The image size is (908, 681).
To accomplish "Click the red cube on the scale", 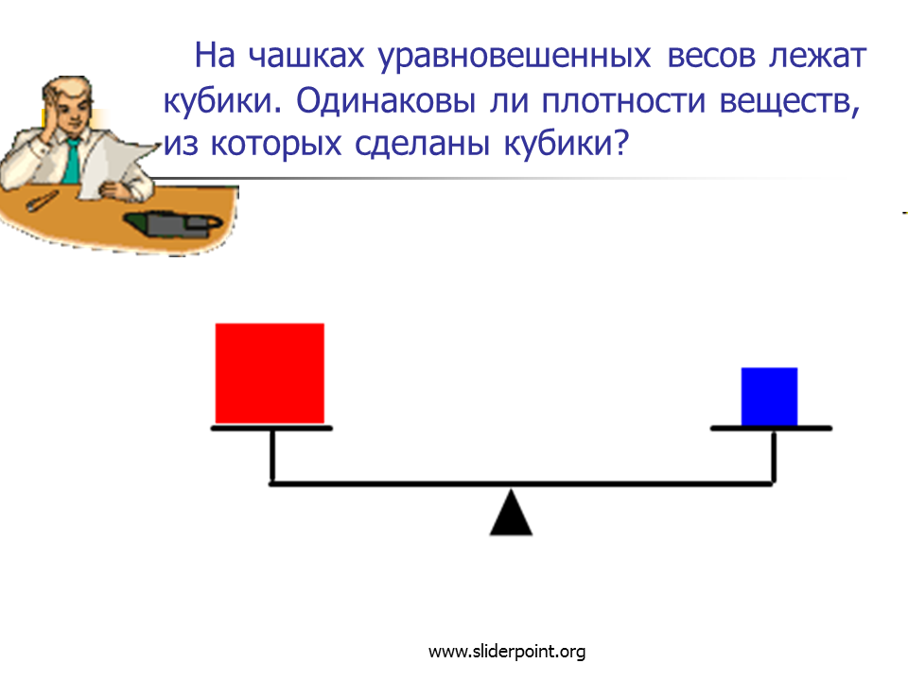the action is pyautogui.click(x=270, y=373).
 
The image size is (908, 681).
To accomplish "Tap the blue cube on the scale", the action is pyautogui.click(x=770, y=396).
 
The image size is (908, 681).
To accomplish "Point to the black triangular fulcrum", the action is pyautogui.click(x=511, y=513).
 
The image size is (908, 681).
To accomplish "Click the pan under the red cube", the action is pyautogui.click(x=271, y=428).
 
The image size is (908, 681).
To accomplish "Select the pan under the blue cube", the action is pyautogui.click(x=772, y=428).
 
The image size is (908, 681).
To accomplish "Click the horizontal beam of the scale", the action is pyautogui.click(x=521, y=483).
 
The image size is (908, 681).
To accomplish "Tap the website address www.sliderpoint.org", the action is pyautogui.click(x=507, y=652).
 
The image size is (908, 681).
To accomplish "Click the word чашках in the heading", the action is pyautogui.click(x=306, y=56).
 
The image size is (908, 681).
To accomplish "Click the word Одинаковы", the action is pyautogui.click(x=386, y=101).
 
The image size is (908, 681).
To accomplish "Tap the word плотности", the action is pyautogui.click(x=623, y=102).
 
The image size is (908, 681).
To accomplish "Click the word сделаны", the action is pyautogui.click(x=422, y=144).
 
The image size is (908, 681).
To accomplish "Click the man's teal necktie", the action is pyautogui.click(x=73, y=161).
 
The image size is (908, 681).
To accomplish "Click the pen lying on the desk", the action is pyautogui.click(x=42, y=201).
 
